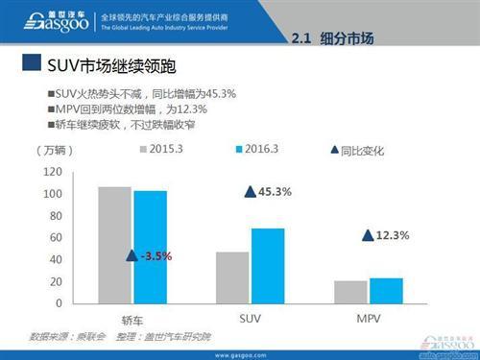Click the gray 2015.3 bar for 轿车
tap(114, 245)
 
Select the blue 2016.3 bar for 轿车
tap(150, 247)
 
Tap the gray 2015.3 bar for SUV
tap(231, 277)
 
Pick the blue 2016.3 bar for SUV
tap(268, 266)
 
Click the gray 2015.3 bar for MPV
tap(348, 292)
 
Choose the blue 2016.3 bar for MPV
tap(385, 291)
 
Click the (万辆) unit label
tap(52, 151)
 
